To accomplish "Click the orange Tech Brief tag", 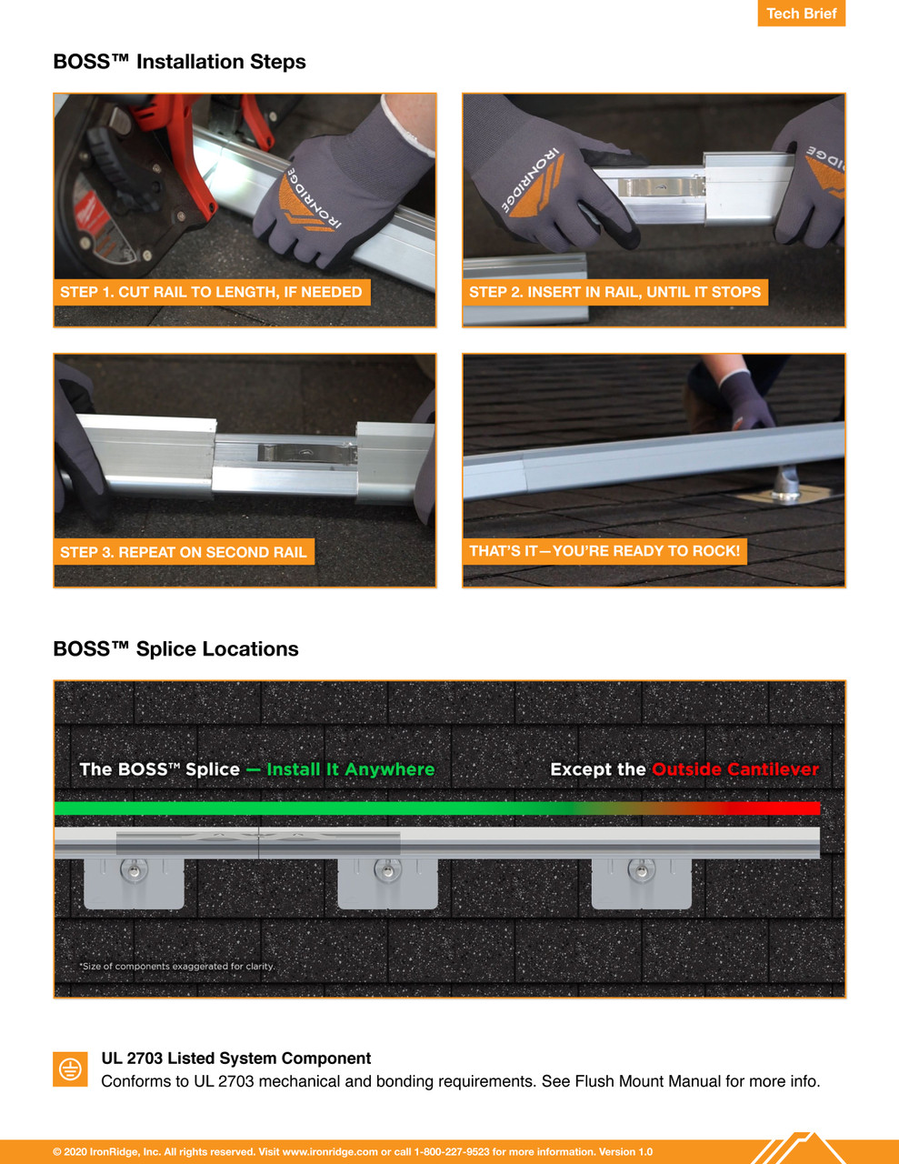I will click(x=801, y=14).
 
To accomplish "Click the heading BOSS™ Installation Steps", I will click(x=179, y=62).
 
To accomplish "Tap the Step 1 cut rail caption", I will click(x=211, y=292).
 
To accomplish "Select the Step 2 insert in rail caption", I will click(x=614, y=292).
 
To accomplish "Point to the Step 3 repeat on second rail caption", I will click(x=184, y=552).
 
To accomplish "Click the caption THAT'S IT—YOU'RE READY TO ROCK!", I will click(x=604, y=551).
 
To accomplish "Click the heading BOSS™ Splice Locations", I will click(x=175, y=649).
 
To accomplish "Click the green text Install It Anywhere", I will click(x=350, y=769).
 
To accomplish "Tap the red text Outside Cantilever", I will click(x=734, y=769).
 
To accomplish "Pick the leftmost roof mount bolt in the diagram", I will click(x=135, y=872).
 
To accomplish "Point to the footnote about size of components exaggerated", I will click(x=176, y=966).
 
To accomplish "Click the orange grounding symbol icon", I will click(x=70, y=1069).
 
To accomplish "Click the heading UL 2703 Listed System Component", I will click(x=235, y=1059).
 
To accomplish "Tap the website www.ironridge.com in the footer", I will click(x=330, y=1151).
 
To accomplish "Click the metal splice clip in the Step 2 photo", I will click(x=661, y=186).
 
